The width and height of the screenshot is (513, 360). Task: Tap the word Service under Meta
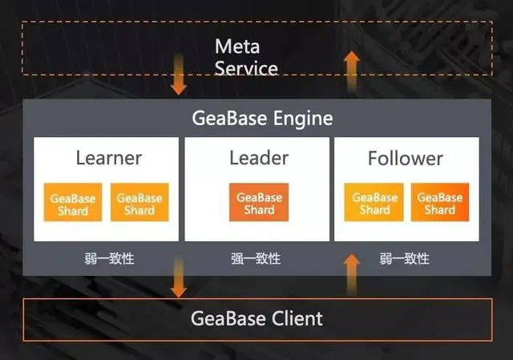click(x=246, y=68)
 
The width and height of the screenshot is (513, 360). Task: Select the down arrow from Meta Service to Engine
click(x=179, y=75)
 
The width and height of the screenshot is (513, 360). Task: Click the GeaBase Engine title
click(x=262, y=119)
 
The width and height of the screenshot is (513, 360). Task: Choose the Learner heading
click(x=108, y=158)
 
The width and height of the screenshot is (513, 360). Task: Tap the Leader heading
click(x=258, y=158)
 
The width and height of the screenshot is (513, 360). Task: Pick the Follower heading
click(x=405, y=158)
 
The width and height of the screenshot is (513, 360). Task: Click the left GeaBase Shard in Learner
click(x=73, y=204)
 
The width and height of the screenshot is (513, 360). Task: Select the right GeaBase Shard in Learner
click(x=139, y=204)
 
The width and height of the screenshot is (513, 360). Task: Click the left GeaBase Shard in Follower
click(x=374, y=203)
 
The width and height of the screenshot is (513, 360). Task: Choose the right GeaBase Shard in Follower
click(x=439, y=203)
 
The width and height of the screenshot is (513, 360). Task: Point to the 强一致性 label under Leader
click(x=256, y=259)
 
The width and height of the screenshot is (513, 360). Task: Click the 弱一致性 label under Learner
click(x=110, y=259)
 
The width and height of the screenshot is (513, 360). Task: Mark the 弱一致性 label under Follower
click(x=405, y=259)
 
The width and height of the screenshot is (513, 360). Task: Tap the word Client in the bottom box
click(x=293, y=318)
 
